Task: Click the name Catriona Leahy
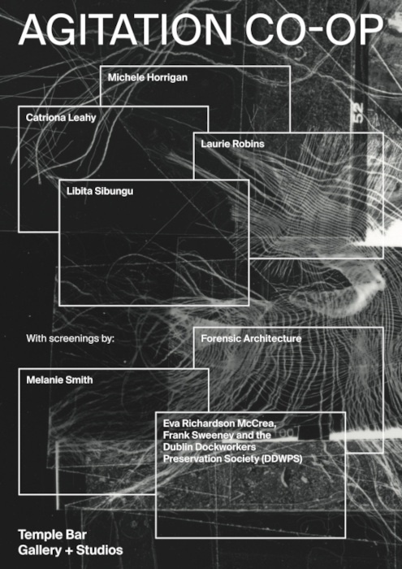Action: click(61, 117)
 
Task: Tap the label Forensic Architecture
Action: click(250, 338)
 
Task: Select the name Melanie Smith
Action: click(60, 379)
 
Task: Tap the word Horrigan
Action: click(167, 76)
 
